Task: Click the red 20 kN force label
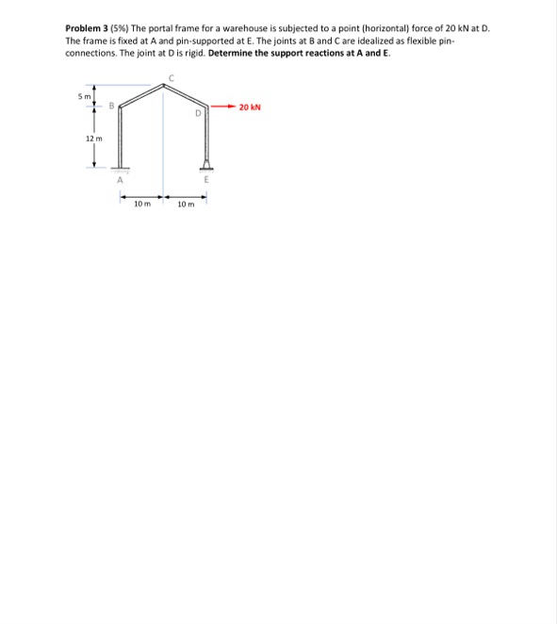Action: [x=250, y=107]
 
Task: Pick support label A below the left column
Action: [x=120, y=182]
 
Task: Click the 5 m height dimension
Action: [x=82, y=96]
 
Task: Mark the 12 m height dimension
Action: [x=93, y=139]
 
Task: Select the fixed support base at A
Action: [x=121, y=171]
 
